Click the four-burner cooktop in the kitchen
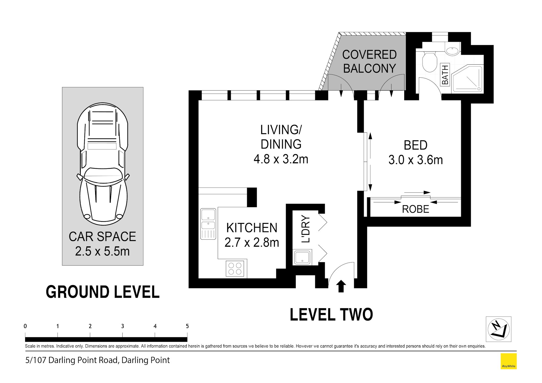235,268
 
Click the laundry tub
302,257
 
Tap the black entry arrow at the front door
341,286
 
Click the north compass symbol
498,329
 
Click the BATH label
445,75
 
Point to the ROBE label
415,209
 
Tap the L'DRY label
306,229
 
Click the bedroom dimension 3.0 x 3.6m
415,160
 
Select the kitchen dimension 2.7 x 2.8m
252,242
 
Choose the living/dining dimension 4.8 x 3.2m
281,159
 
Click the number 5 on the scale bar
187,326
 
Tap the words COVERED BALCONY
369,62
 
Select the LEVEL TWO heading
331,315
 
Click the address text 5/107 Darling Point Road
71,360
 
